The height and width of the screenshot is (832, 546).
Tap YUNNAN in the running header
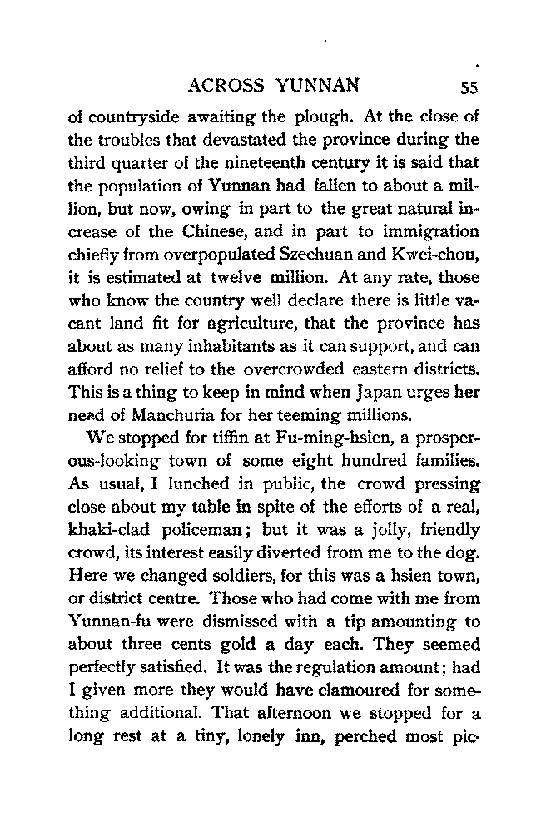click(x=319, y=86)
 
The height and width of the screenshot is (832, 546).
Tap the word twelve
click(x=236, y=269)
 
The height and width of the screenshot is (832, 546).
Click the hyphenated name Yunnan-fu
click(x=107, y=615)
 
